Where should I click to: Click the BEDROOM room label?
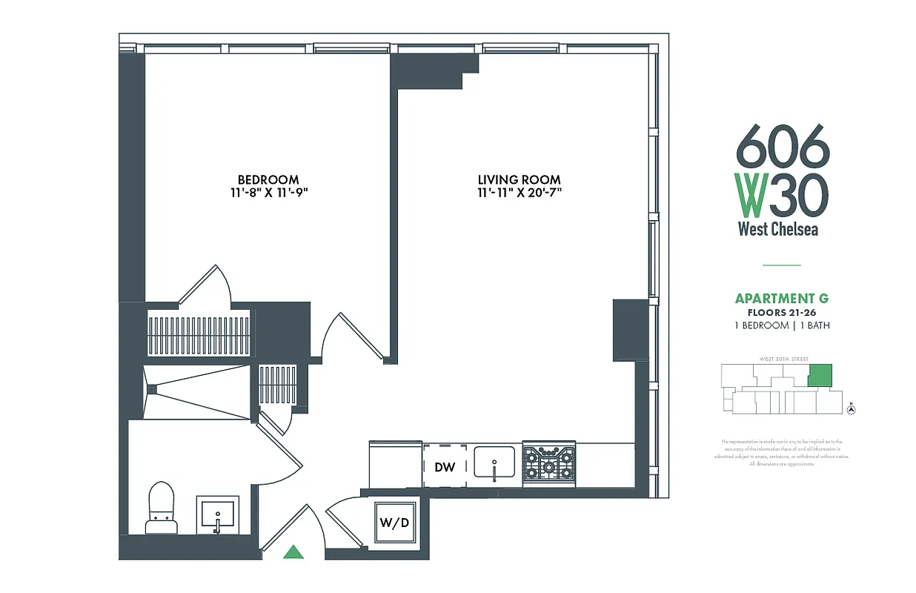(x=268, y=179)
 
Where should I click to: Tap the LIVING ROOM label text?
(x=519, y=179)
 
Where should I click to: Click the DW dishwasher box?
(x=445, y=467)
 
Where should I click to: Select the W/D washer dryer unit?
(x=394, y=522)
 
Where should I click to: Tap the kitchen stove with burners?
(x=549, y=465)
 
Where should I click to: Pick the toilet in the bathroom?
(x=160, y=508)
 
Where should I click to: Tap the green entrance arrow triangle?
(x=294, y=551)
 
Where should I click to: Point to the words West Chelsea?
(x=778, y=229)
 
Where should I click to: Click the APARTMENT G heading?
(x=782, y=299)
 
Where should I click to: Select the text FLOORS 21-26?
(x=782, y=312)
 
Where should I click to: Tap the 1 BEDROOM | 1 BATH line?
(x=782, y=325)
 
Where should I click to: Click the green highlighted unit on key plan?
(x=819, y=375)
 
